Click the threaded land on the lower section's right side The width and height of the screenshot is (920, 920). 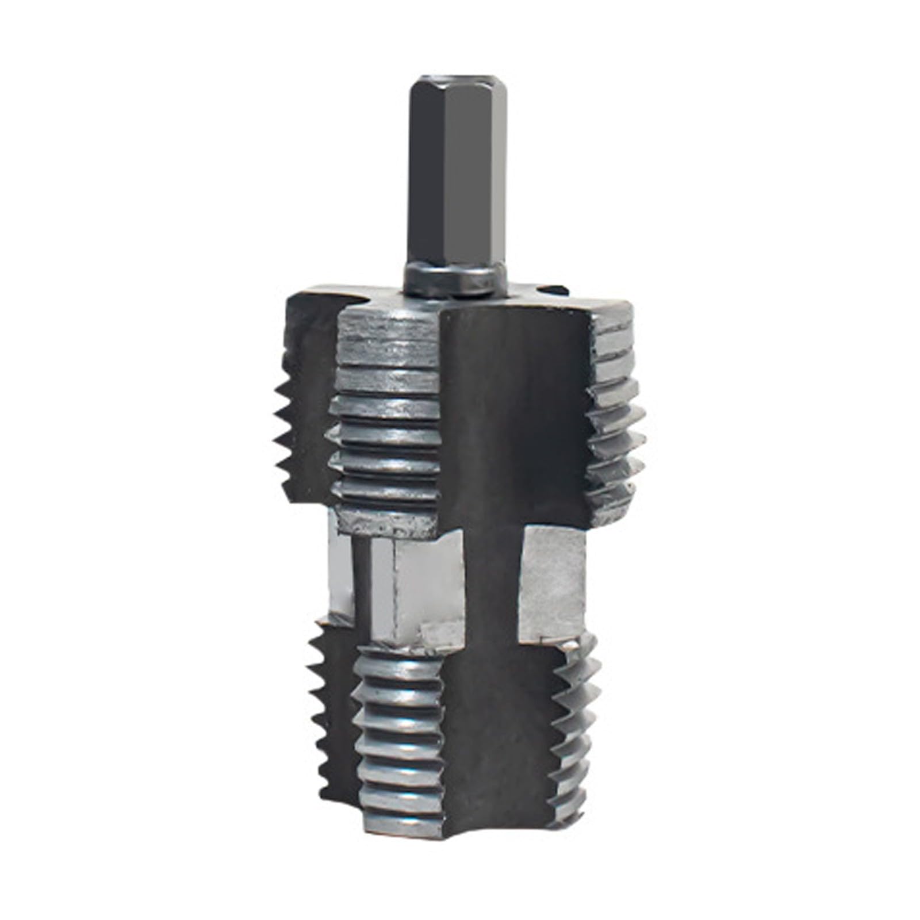pos(575,730)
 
